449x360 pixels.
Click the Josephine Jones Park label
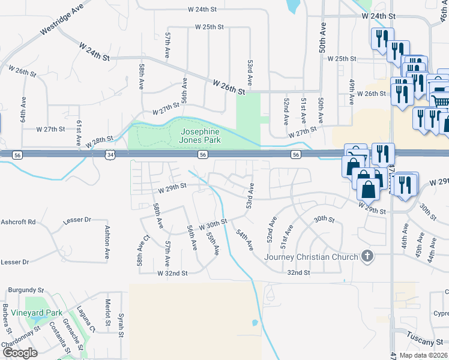(x=200, y=136)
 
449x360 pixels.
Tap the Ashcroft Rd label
(x=18, y=221)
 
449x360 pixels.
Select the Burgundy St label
(x=26, y=289)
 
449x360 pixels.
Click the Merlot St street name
(x=107, y=313)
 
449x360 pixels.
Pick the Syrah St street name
(x=121, y=323)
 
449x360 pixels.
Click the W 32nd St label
(x=172, y=273)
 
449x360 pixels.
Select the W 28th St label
(x=98, y=142)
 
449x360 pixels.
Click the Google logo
(x=20, y=353)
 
